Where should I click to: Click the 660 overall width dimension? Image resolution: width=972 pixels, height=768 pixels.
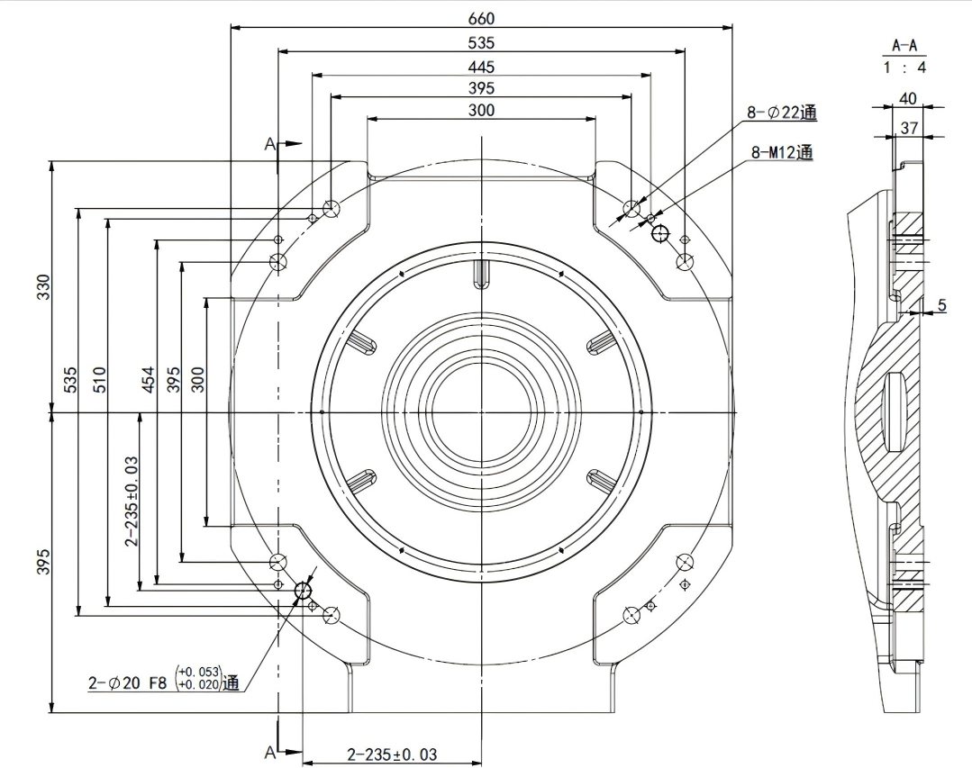point(481,18)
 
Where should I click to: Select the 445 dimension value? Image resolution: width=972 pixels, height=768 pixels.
point(481,67)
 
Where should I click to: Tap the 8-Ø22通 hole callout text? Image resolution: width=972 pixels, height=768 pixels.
point(780,113)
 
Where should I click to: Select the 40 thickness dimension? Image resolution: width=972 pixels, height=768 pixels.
point(907,98)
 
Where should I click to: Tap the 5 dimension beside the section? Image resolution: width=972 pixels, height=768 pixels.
point(941,305)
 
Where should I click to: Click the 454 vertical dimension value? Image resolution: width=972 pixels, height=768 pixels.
point(150,377)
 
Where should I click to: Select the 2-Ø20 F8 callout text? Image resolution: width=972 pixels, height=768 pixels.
point(128,683)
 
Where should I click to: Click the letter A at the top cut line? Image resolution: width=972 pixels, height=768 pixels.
point(268,144)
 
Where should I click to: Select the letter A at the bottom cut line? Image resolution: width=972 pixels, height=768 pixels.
point(268,752)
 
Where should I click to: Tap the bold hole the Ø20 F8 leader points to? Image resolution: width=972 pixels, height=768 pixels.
point(303,591)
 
